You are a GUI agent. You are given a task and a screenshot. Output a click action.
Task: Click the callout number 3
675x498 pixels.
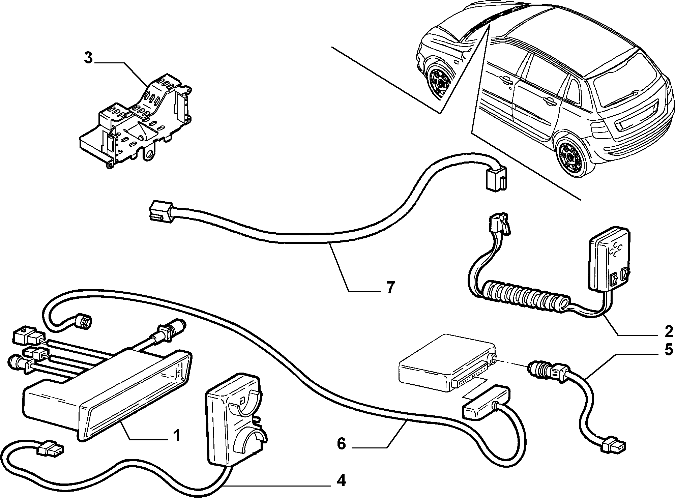tap(88, 58)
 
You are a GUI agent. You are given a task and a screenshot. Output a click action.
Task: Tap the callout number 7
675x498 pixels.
tap(390, 287)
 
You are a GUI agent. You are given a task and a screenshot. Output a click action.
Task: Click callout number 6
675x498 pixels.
tap(341, 444)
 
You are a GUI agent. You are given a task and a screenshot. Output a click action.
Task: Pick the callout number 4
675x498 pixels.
tap(341, 480)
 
